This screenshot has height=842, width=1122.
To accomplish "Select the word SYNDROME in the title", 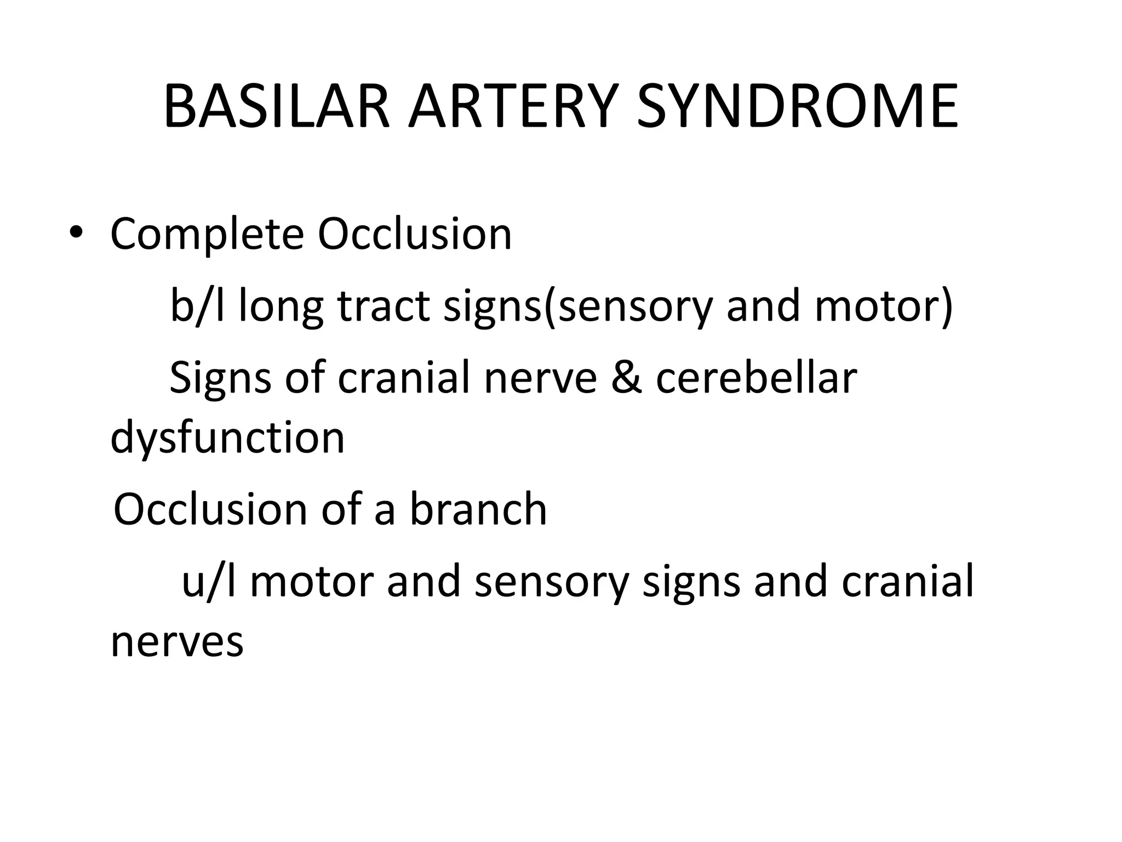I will (x=797, y=107).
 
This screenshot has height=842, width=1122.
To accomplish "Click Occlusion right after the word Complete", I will (x=415, y=235).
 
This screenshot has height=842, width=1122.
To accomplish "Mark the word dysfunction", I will (x=227, y=439).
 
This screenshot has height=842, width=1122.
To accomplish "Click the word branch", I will (x=478, y=509).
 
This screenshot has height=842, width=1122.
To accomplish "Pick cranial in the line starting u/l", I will (x=907, y=581).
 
